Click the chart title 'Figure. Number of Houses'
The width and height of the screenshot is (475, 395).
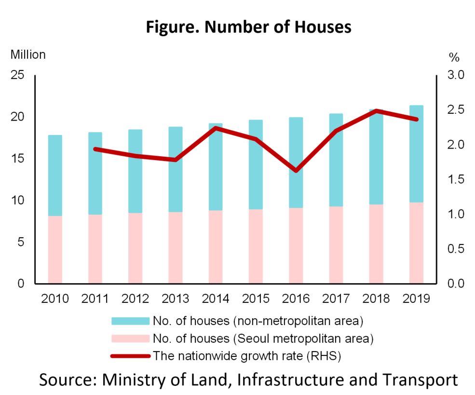(x=248, y=27)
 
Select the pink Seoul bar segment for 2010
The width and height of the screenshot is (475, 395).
(x=55, y=249)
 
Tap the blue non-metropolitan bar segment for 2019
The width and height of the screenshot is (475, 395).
(x=416, y=153)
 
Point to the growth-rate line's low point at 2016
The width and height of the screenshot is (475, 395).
(x=297, y=171)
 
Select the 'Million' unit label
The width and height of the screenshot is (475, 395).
(x=28, y=54)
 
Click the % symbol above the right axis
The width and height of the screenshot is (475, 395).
(x=454, y=57)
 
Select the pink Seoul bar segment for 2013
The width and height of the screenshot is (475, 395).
(x=176, y=247)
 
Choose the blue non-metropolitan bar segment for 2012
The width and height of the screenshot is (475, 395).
(x=136, y=171)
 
